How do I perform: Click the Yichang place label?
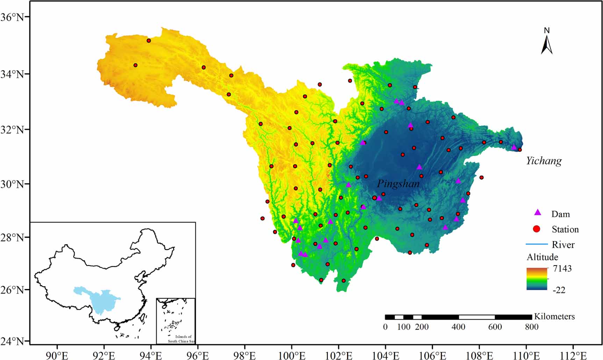(544, 161)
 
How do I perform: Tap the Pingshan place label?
(398, 183)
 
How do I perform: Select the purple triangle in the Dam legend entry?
(538, 213)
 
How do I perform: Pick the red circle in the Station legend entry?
(537, 229)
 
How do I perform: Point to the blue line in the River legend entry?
(537, 244)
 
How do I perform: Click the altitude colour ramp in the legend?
(537, 279)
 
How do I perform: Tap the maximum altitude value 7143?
(562, 268)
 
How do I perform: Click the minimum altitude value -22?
(559, 290)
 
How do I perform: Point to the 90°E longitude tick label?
(57, 355)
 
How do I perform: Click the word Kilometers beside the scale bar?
(554, 316)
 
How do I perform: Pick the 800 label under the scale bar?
(531, 327)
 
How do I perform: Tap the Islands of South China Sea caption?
(180, 339)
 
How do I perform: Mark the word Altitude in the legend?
(542, 257)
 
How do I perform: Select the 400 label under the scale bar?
(458, 327)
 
